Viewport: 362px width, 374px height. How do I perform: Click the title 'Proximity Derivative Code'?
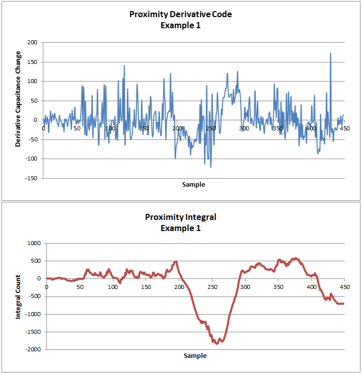pos(181,14)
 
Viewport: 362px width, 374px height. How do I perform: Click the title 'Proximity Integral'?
pos(181,217)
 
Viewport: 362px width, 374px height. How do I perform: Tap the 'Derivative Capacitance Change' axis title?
pos(19,99)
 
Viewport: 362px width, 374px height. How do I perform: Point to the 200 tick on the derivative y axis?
pos(32,43)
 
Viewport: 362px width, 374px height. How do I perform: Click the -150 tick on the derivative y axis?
pos(31,178)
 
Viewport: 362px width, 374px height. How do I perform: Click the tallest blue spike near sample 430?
pos(330,53)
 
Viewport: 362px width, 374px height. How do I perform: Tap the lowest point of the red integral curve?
pos(217,343)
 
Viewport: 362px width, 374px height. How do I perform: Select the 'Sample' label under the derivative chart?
pos(194,185)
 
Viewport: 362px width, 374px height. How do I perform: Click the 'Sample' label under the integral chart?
pos(195,355)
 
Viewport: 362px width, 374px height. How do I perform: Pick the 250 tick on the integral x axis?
pos(211,287)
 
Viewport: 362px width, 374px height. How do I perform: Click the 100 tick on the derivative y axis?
pos(32,82)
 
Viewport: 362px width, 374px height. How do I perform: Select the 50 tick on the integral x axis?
pos(79,287)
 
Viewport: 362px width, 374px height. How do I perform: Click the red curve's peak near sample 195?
pos(176,262)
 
